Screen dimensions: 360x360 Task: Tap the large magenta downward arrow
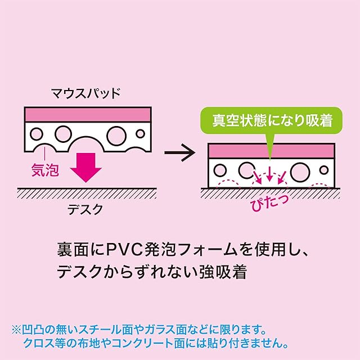tap(87, 166)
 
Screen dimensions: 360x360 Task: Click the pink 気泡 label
tap(45, 170)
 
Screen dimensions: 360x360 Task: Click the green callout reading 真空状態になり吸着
tap(269, 120)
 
